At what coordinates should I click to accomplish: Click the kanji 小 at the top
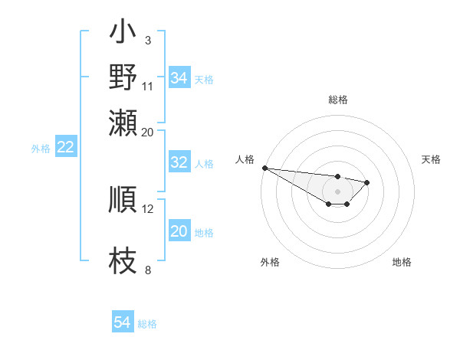tap(123, 33)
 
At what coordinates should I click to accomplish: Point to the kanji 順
tap(123, 199)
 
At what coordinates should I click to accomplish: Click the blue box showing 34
tap(179, 78)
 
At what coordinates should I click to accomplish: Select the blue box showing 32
tap(179, 162)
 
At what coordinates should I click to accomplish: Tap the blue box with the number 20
tap(179, 231)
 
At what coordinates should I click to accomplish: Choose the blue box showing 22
tap(65, 148)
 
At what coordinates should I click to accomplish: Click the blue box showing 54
tap(122, 322)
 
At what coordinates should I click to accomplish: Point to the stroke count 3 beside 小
tap(147, 41)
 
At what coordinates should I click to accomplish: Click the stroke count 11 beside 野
tap(148, 85)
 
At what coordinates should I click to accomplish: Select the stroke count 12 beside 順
tap(148, 208)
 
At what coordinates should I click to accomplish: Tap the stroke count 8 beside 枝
tap(147, 270)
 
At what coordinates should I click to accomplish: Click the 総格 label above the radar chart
tap(337, 100)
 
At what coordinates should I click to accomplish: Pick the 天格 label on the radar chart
tap(432, 159)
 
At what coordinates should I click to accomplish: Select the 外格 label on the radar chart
tap(270, 262)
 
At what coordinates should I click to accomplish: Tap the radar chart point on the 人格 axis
tap(264, 168)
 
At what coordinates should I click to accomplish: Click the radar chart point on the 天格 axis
tap(367, 182)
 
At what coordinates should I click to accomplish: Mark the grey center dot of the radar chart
tap(337, 191)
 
